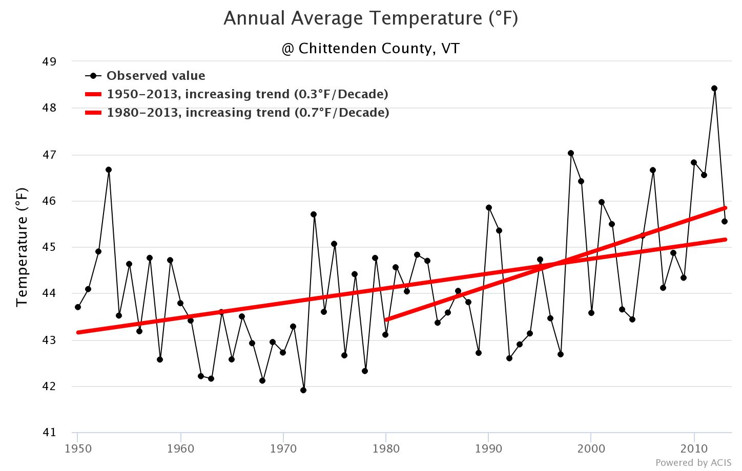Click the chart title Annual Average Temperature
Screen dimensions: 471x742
[370, 18]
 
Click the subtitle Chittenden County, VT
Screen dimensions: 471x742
[370, 49]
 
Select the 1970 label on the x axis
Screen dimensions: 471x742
[283, 449]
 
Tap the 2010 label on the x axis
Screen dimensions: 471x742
[694, 449]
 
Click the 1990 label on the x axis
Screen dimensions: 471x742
[488, 449]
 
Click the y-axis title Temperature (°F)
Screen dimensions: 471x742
[22, 247]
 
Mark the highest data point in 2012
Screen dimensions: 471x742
[714, 89]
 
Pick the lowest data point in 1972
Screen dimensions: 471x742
[303, 390]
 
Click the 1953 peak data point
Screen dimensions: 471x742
[109, 170]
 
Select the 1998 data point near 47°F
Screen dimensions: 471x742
[571, 153]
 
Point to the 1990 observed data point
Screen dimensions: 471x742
[489, 208]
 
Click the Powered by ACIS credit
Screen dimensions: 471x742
[693, 463]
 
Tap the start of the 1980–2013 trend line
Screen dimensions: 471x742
[386, 319]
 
